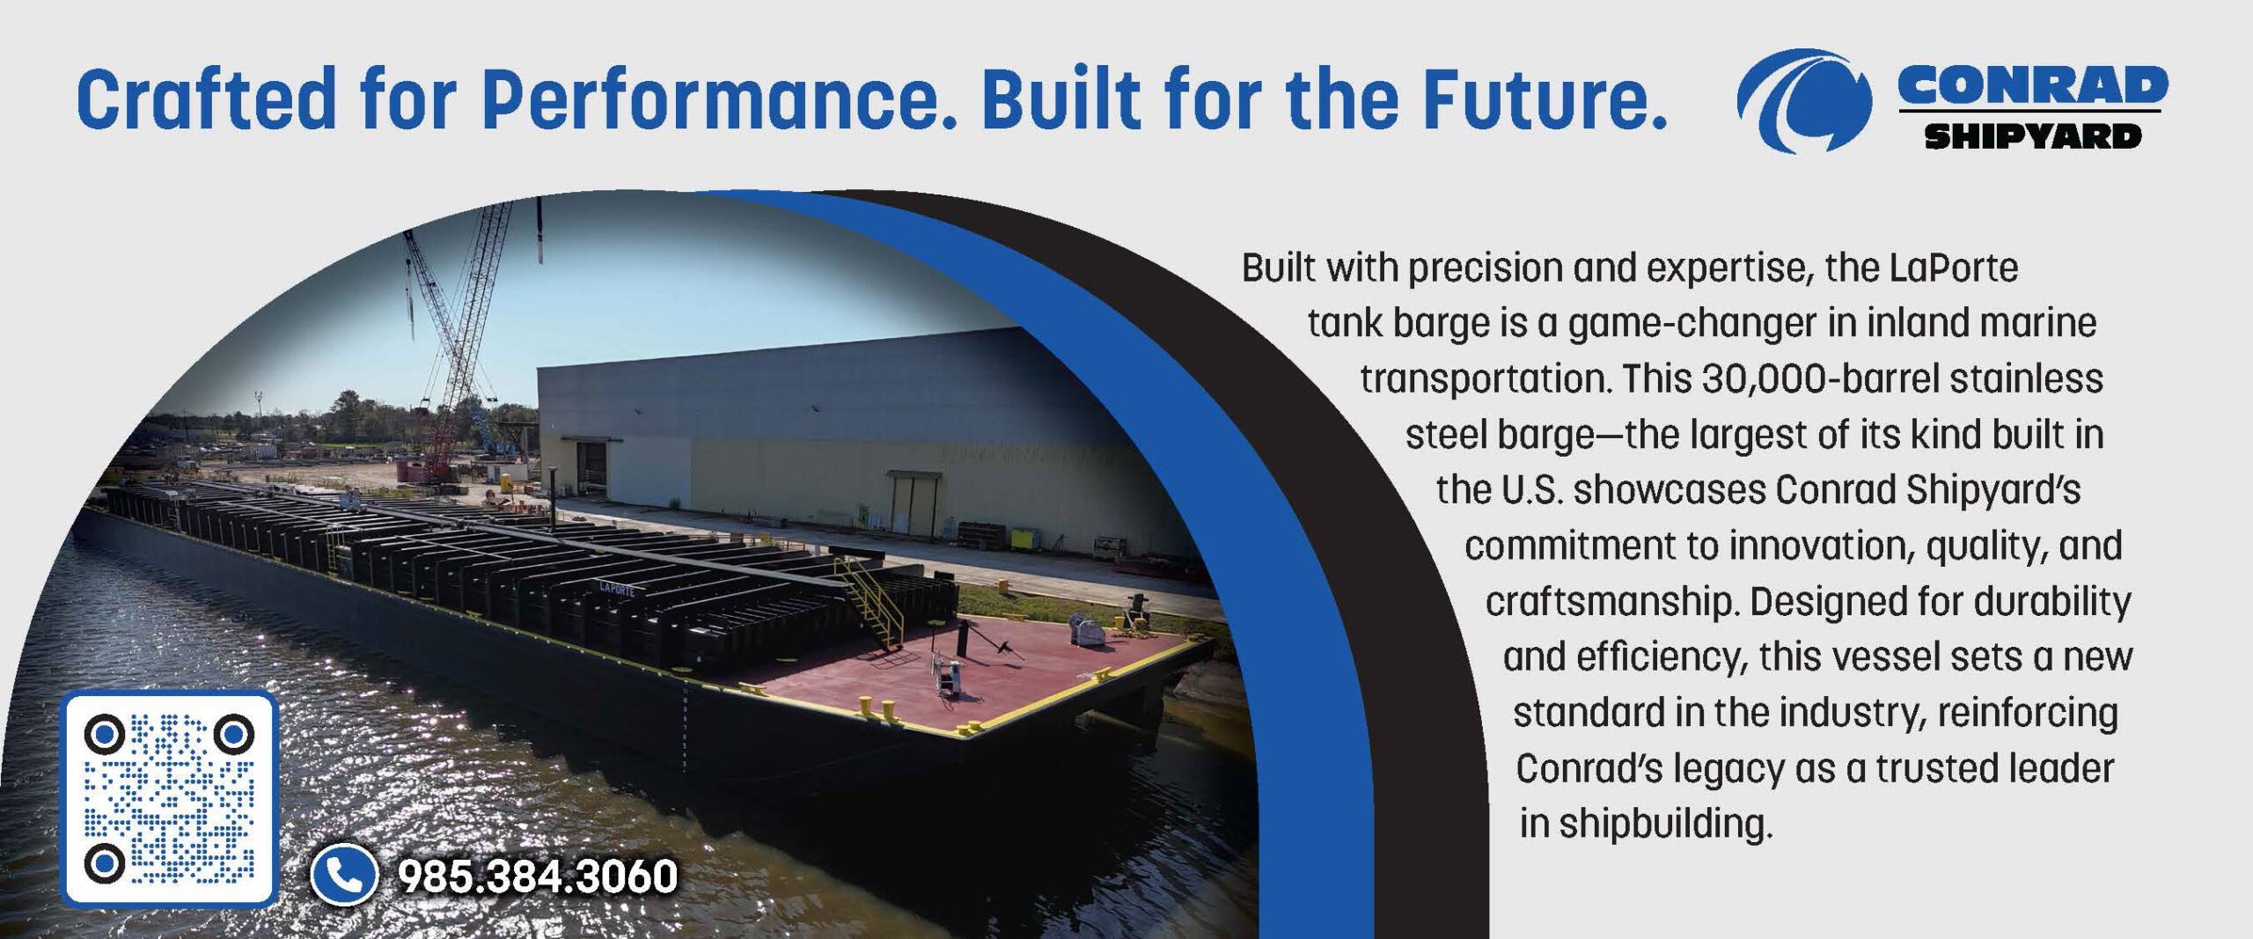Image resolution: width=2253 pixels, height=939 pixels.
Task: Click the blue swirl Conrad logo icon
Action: (x=1804, y=99)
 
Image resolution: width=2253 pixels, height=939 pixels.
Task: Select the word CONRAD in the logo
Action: (x=2033, y=85)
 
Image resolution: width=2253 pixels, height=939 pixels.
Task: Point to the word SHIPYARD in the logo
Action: (x=2033, y=136)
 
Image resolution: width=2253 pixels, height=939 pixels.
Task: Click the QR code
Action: (x=169, y=799)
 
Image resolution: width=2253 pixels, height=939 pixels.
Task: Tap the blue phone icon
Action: (x=344, y=875)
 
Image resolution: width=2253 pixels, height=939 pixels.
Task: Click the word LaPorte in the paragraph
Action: (x=1953, y=268)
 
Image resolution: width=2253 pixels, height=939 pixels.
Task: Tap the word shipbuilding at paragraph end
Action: (x=1663, y=825)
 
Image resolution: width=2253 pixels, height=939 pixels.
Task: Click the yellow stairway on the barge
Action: (x=870, y=600)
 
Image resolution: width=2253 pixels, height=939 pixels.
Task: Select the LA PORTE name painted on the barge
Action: (x=616, y=590)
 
